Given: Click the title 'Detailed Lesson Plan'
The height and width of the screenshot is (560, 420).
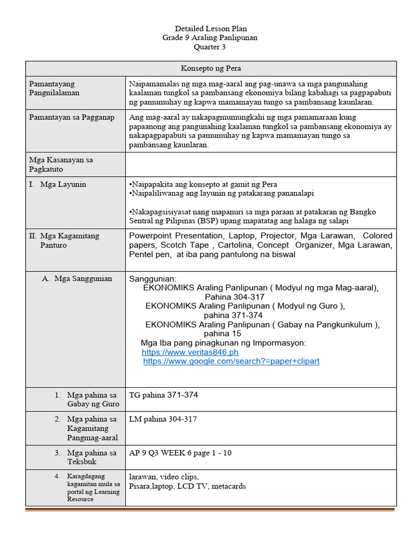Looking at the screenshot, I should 210,28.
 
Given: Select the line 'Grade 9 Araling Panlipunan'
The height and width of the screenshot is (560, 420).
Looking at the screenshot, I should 210,38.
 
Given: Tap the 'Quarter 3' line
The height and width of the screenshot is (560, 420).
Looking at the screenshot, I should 210,47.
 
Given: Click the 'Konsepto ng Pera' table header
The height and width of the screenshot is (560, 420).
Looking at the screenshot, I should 211,68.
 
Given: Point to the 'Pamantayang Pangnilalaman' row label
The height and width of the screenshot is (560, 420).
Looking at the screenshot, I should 54,88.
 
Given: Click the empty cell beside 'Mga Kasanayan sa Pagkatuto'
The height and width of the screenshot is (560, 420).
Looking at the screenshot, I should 260,164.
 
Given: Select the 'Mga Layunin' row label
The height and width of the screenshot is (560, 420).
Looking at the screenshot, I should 63,184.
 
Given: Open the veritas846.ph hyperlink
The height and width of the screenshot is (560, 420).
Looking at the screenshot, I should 190,353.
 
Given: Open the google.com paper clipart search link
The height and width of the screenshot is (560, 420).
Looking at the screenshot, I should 231,361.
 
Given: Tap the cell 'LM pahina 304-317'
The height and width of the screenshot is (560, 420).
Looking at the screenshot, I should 163,419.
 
